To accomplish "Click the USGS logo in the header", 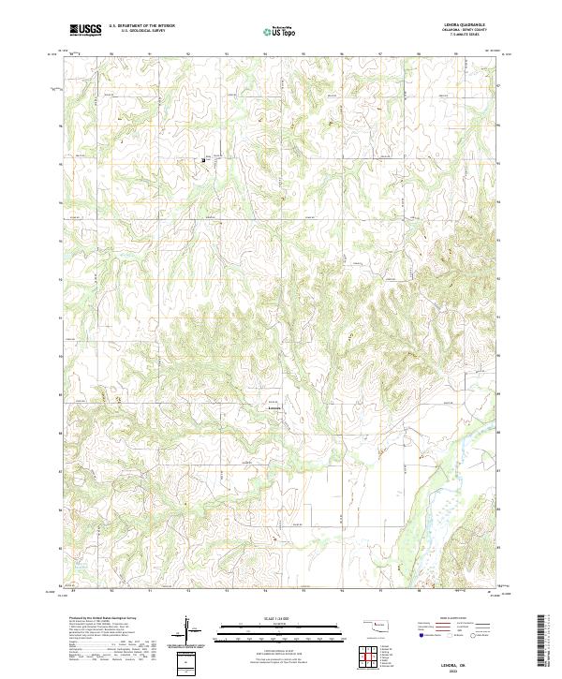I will coord(85,31).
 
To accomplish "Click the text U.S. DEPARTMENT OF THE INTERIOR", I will coord(141,26).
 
